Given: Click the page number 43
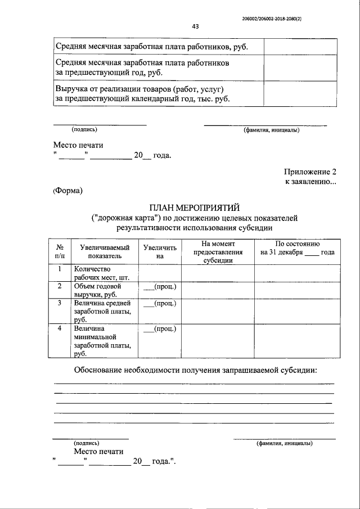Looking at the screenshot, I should coord(195,26).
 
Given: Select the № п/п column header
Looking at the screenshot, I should coord(60,251).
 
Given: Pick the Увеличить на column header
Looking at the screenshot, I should coord(159,251).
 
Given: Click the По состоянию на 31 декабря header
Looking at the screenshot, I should coord(297,248).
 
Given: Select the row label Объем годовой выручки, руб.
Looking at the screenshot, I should coord(98,290).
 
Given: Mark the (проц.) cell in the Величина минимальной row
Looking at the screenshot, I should coord(160,329).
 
